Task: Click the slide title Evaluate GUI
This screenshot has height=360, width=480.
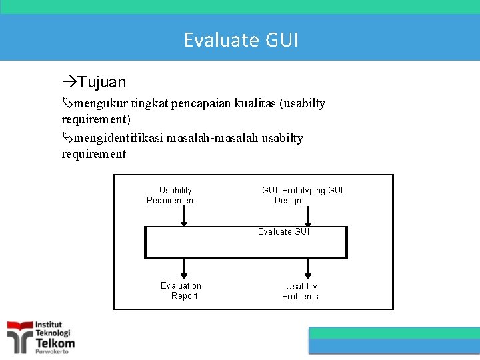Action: pyautogui.click(x=241, y=40)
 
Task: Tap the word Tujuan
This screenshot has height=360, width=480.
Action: pyautogui.click(x=101, y=82)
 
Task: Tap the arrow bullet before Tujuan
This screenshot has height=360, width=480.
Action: pyautogui.click(x=69, y=82)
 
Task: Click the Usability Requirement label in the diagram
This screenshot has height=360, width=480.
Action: pyautogui.click(x=173, y=195)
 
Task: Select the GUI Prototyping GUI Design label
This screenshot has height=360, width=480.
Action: pyautogui.click(x=301, y=195)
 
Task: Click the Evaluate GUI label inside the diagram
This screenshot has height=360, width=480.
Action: pyautogui.click(x=283, y=232)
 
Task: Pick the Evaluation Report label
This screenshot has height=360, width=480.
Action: pyautogui.click(x=181, y=291)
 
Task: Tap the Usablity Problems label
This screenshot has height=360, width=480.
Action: pyautogui.click(x=301, y=291)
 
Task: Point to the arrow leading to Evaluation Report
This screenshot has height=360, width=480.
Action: pyautogui.click(x=185, y=268)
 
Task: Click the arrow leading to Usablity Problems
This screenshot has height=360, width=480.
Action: pyautogui.click(x=308, y=268)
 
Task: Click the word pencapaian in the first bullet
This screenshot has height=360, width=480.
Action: pyautogui.click(x=198, y=103)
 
